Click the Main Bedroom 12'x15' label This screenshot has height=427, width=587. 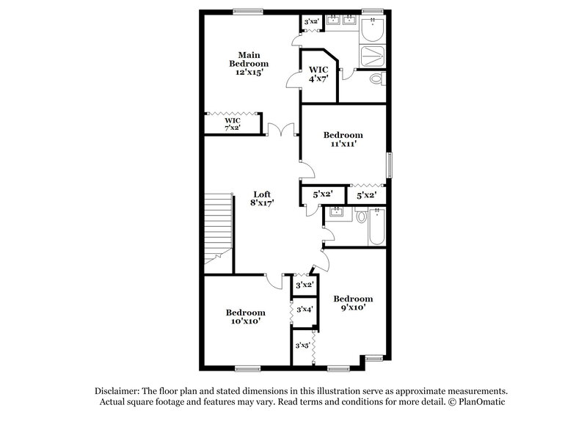[249, 64]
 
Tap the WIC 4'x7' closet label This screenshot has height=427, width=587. [318, 73]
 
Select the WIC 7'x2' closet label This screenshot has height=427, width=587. [233, 124]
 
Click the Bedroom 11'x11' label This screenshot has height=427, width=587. [343, 139]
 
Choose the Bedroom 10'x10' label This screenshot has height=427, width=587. [245, 316]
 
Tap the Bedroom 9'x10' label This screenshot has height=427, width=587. [353, 303]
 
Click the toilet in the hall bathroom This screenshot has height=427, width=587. [360, 216]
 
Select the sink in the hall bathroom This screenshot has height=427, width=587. [337, 213]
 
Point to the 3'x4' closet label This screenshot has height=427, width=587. [304, 310]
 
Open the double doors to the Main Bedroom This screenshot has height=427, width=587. [281, 131]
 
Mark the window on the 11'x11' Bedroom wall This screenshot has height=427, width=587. [390, 164]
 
